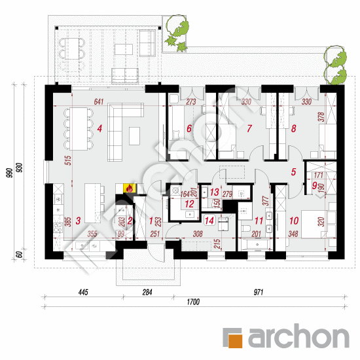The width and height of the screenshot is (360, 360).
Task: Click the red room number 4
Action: click(x=99, y=128)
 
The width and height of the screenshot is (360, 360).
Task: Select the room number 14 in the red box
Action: click(x=209, y=221)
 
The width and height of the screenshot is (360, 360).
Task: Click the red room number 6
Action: click(x=189, y=128)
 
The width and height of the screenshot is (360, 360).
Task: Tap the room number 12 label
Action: click(x=189, y=204)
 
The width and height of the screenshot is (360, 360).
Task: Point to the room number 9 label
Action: click(x=315, y=187)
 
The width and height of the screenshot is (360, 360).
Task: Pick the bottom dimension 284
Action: click(x=148, y=291)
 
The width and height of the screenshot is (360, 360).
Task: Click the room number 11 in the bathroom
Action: click(x=259, y=221)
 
